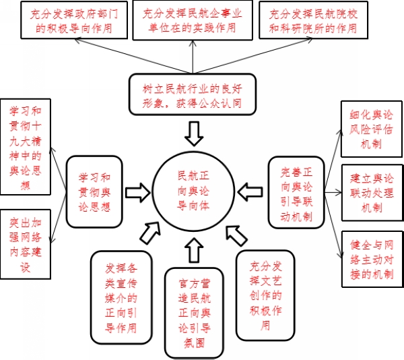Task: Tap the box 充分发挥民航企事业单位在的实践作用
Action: (x=189, y=20)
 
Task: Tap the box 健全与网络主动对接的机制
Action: (x=371, y=258)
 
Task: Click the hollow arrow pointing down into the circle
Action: (x=194, y=133)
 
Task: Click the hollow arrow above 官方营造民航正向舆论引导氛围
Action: (x=194, y=251)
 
